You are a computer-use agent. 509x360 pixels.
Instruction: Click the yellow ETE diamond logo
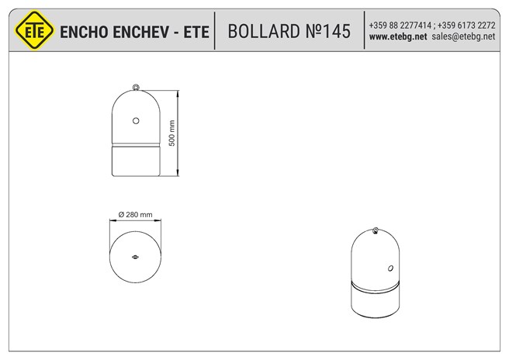coord(33,31)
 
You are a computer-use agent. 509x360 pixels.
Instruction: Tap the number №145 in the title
coord(331,31)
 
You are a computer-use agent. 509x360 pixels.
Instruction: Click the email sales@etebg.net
coord(463,36)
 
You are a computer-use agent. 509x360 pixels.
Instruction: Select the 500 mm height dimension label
coord(172,133)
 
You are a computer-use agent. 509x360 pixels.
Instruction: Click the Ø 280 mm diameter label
coord(135,215)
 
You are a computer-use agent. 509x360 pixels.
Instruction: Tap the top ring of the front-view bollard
coord(136,87)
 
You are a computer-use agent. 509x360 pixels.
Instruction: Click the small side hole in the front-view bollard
coord(136,120)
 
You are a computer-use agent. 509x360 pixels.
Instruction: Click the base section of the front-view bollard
coord(136,161)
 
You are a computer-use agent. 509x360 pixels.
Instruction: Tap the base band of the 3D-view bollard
coord(376,301)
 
